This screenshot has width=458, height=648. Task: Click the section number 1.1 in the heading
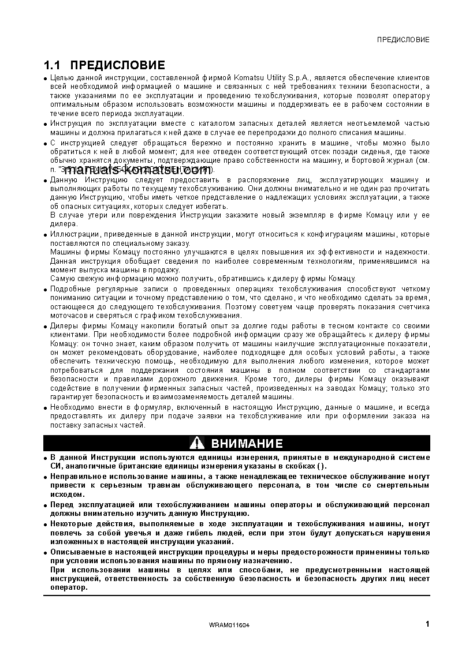pos(54,65)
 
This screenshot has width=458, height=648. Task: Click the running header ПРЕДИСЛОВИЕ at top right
pos(403,40)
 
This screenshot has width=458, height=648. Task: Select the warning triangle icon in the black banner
pos(197,443)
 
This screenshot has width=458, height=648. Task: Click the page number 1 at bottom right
pos(427,624)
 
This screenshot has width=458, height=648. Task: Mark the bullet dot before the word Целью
pos(46,78)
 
